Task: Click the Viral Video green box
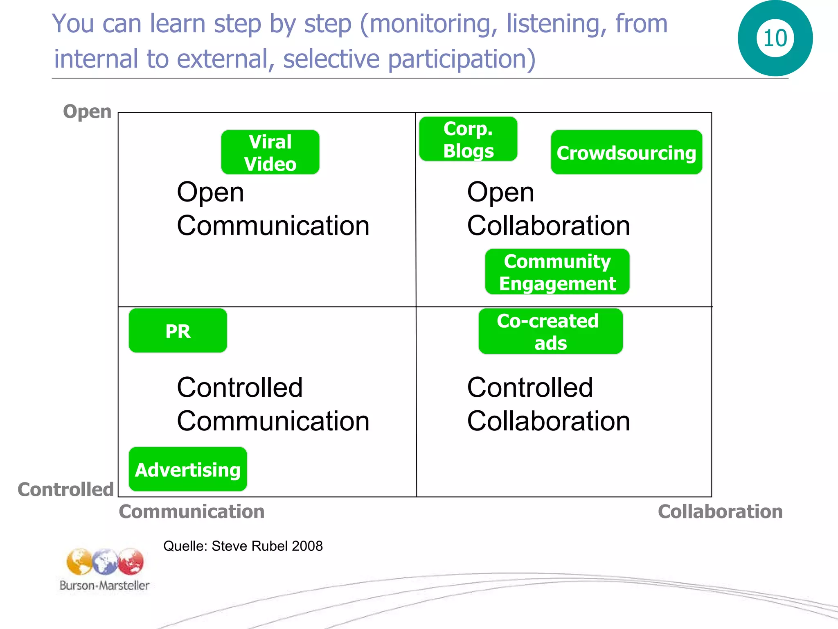point(270,152)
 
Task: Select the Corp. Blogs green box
point(468,139)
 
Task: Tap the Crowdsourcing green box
point(626,153)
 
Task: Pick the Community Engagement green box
point(557,272)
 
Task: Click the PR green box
point(178,331)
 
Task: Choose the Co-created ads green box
point(550,331)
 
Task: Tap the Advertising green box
point(188,469)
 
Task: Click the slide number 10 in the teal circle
point(775,38)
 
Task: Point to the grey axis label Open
point(87,111)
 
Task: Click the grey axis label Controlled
point(65,489)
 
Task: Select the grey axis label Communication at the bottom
point(191,511)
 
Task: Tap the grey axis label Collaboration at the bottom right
point(720,511)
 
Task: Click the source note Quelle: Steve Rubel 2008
point(243,546)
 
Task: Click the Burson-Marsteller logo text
point(104,585)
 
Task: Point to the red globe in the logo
point(131,561)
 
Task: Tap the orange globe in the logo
point(79,562)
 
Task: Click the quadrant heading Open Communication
point(273,209)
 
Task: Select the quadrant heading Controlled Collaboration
point(548,404)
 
